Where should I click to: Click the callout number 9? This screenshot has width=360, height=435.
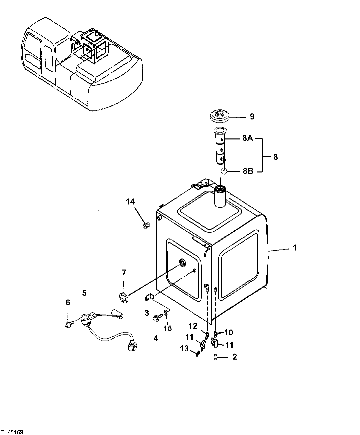[252, 116]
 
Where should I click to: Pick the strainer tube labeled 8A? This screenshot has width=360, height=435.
[220, 147]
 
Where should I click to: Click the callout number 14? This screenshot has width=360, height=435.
[130, 201]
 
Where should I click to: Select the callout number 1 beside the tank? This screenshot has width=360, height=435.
[294, 248]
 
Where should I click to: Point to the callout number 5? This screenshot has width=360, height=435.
[84, 293]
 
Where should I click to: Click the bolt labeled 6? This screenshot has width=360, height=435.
[68, 324]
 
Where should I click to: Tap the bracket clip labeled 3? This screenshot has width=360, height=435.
[148, 297]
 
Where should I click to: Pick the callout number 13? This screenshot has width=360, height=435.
[184, 349]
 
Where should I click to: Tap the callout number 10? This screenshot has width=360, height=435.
[229, 332]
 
